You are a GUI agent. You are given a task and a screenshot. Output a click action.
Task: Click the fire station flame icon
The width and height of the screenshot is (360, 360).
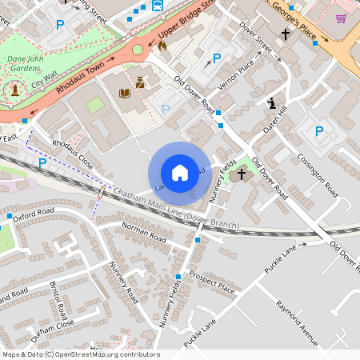point(162,46)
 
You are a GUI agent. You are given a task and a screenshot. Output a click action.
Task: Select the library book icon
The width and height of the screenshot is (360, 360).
point(124,94)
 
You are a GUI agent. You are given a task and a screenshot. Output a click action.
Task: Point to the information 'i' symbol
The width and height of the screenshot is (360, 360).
point(272,103)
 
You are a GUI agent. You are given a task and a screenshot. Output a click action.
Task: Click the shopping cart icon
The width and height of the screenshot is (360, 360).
point(342,18)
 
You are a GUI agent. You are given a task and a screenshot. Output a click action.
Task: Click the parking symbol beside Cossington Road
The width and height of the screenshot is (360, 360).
point(319,131)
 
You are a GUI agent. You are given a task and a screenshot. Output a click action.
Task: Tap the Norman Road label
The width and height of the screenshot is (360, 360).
point(144,233)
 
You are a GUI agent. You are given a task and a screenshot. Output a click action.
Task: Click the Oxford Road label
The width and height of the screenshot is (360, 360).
point(33,214)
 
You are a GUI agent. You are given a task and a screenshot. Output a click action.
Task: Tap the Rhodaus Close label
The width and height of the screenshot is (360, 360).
point(73,155)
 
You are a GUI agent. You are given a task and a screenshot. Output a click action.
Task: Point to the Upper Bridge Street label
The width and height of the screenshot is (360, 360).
point(186,22)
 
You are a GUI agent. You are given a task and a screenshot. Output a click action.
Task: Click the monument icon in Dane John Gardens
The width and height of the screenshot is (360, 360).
point(14,90)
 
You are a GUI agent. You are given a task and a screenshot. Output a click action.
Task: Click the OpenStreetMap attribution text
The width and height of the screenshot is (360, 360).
point(80,354)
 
